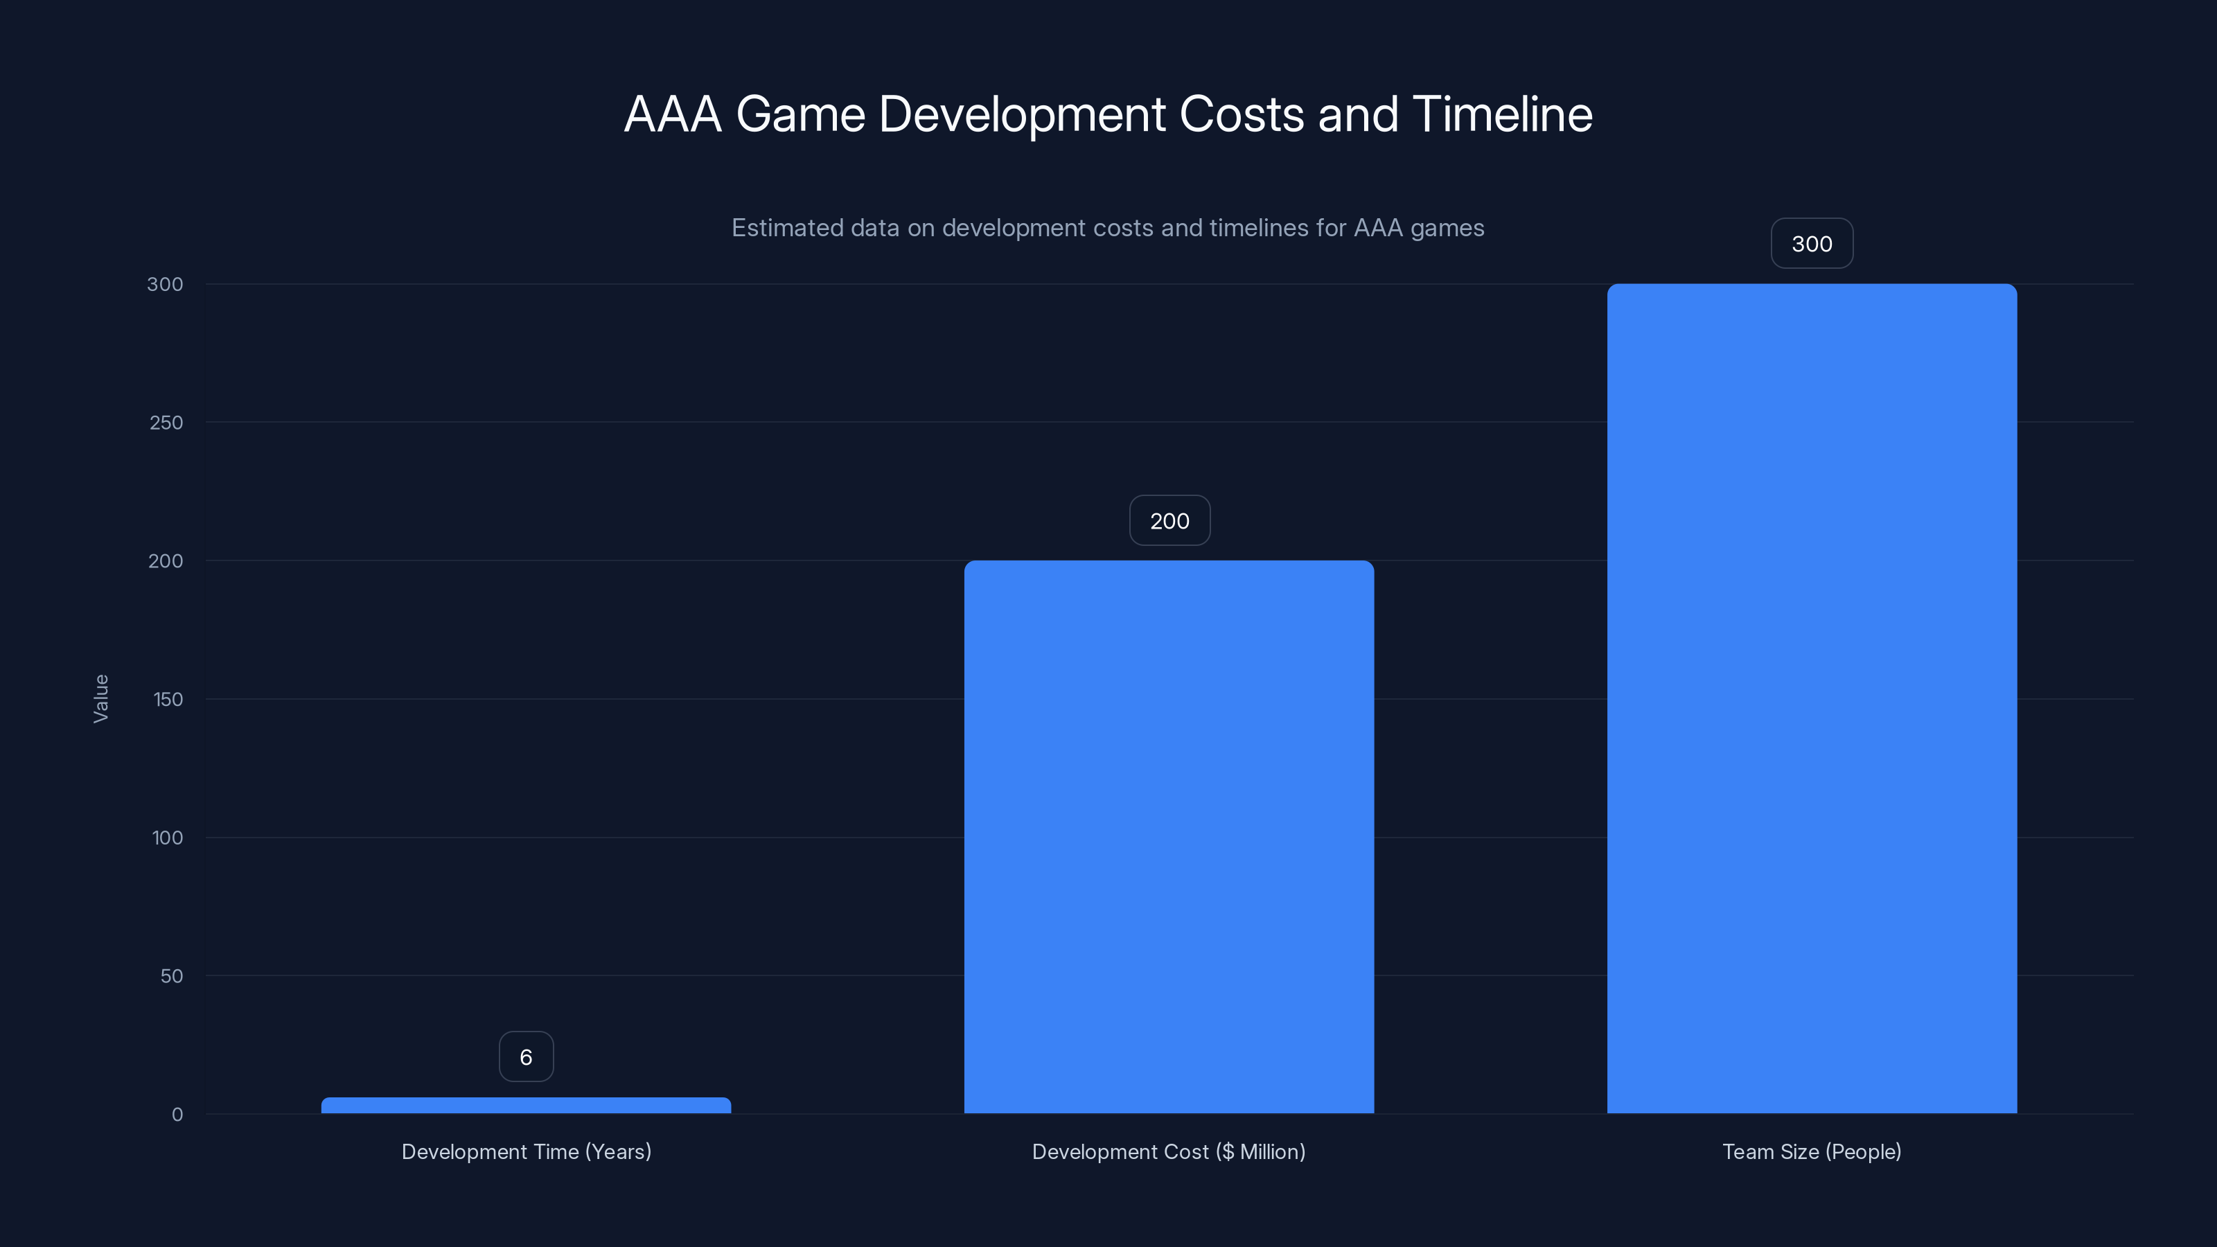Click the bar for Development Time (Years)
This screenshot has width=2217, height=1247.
(x=526, y=1105)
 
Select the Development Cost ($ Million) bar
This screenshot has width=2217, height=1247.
(x=1169, y=836)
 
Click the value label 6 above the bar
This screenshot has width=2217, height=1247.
(x=526, y=1056)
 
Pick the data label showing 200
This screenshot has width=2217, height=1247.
(x=1169, y=521)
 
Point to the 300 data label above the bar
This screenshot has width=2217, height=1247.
(x=1812, y=244)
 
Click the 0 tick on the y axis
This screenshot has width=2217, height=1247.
(x=177, y=1115)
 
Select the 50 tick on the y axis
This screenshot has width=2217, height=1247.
(x=171, y=976)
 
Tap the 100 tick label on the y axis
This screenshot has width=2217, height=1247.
(x=167, y=838)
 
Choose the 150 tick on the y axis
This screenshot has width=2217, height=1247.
(x=168, y=699)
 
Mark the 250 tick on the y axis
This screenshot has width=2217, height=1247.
(x=166, y=423)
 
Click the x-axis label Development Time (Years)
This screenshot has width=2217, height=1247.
(x=526, y=1151)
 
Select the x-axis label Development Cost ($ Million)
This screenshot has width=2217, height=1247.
(x=1169, y=1151)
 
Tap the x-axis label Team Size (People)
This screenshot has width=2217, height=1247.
(x=1812, y=1151)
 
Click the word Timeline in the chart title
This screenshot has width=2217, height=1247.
(x=1502, y=114)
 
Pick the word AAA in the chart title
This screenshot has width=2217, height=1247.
(x=672, y=114)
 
